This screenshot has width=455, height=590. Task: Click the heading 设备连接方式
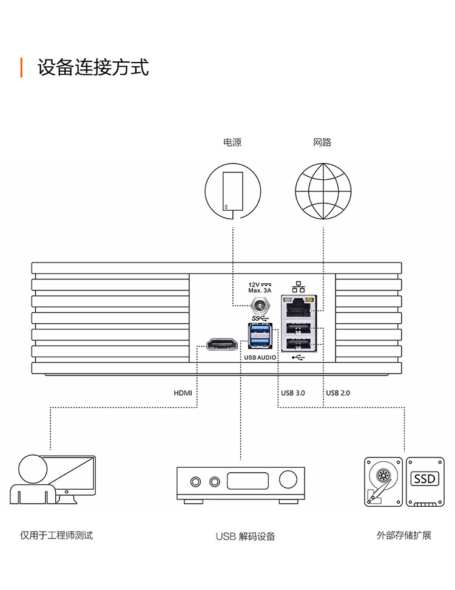(x=93, y=67)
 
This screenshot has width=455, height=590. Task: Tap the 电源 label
(x=232, y=143)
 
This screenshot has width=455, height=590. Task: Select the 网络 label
(x=323, y=143)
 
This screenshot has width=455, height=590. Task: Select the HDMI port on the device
(x=223, y=345)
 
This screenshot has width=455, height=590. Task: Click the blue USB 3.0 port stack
(x=259, y=337)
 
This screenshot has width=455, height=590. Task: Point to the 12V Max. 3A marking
(x=260, y=287)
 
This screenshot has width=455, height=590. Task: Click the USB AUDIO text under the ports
(x=260, y=358)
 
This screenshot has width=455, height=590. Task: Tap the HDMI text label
(x=183, y=393)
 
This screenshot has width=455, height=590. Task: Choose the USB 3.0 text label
(x=293, y=393)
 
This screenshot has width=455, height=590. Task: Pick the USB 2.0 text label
(x=338, y=393)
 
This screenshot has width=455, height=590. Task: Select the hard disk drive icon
(x=383, y=481)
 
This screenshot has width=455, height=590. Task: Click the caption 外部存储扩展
(x=403, y=536)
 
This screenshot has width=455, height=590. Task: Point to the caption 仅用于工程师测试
(x=56, y=536)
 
